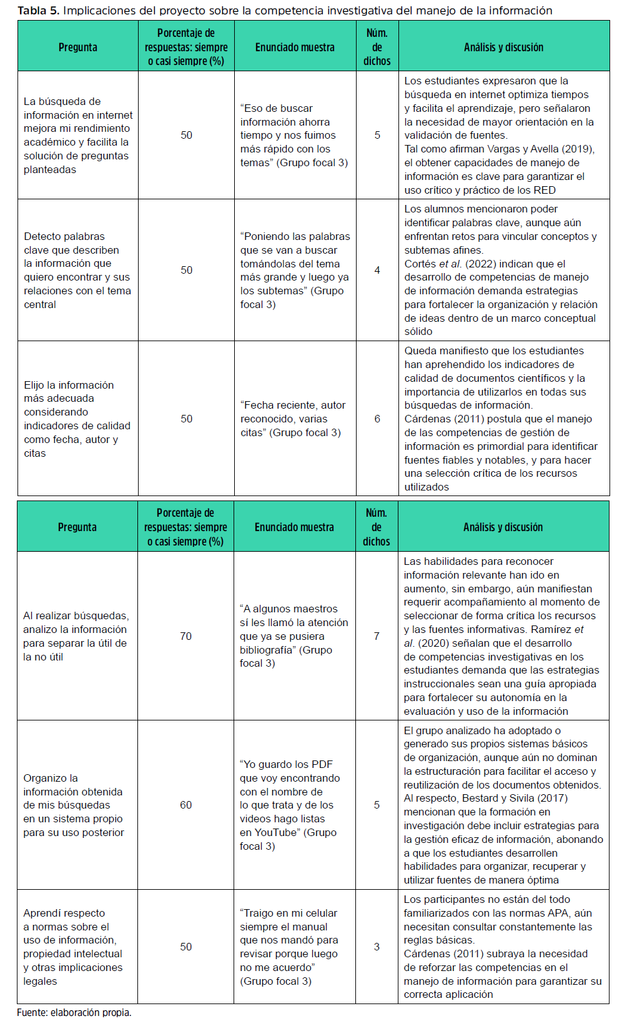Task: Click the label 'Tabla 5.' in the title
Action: click(x=38, y=11)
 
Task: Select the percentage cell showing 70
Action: click(x=186, y=636)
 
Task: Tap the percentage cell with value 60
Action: click(x=186, y=805)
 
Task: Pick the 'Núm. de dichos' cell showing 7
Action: click(x=377, y=636)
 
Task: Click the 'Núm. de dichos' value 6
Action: click(x=377, y=419)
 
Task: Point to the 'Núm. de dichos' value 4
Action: click(x=377, y=270)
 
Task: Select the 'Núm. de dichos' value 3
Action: click(x=377, y=947)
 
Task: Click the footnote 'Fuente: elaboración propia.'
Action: click(x=74, y=1012)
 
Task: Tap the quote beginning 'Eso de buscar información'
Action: click(x=294, y=135)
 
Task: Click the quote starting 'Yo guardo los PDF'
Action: click(x=289, y=805)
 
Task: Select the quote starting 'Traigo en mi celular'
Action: click(x=289, y=947)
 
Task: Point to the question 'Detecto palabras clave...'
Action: click(x=77, y=270)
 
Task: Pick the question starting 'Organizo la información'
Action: click(x=73, y=805)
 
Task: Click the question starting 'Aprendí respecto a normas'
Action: click(x=72, y=947)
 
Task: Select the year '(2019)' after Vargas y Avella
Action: click(x=579, y=149)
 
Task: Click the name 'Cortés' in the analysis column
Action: click(x=420, y=264)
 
